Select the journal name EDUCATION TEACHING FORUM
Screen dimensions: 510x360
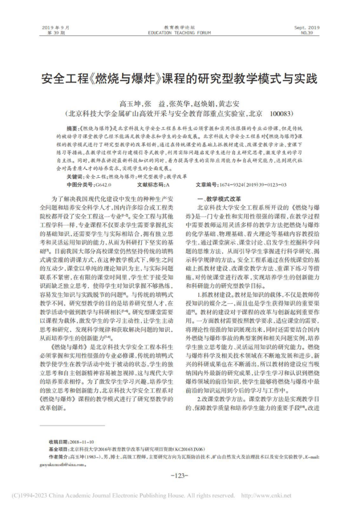[x=179, y=33]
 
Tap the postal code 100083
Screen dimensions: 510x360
[x=283, y=113]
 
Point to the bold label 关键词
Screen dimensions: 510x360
[x=68, y=177]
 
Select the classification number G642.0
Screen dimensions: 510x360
[x=102, y=185]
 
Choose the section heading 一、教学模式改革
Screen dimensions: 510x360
[x=218, y=200]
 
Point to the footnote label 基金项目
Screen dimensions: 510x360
[x=58, y=450]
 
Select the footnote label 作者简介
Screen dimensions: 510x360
[x=58, y=457]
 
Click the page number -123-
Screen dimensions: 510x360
[x=179, y=475]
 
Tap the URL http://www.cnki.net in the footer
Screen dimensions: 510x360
[x=266, y=495]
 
